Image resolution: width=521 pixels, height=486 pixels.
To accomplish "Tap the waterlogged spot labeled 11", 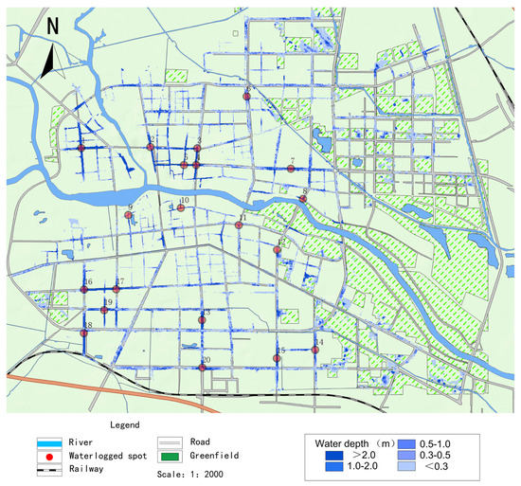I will pyautogui.click(x=240, y=225).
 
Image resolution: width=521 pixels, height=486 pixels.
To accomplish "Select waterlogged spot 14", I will pyautogui.click(x=315, y=350).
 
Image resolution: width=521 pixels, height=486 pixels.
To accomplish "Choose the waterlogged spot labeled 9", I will pyautogui.click(x=129, y=215).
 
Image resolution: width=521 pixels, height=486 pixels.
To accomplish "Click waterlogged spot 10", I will pyautogui.click(x=181, y=207).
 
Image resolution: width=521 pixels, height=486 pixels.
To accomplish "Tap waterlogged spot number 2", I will pyautogui.click(x=152, y=147).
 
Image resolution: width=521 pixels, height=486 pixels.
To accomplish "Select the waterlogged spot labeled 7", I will pyautogui.click(x=289, y=169).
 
